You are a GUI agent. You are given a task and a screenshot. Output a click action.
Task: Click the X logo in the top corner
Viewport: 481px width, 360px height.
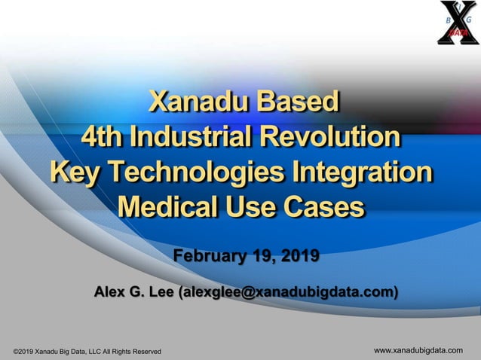click(x=455, y=23)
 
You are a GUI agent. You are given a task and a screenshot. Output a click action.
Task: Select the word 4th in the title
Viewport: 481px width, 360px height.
click(x=103, y=138)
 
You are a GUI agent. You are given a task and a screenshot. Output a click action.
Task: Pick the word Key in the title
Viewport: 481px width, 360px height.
click(x=73, y=172)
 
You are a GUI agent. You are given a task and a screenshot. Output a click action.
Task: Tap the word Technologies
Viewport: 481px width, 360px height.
click(x=195, y=172)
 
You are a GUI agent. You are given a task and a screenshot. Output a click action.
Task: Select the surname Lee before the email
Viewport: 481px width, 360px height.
click(x=161, y=292)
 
